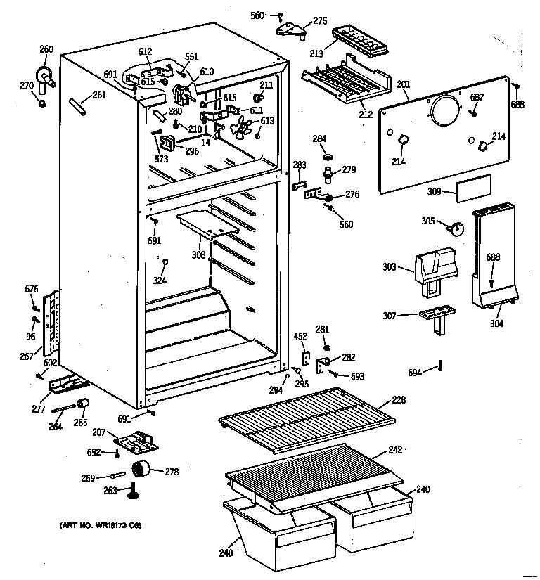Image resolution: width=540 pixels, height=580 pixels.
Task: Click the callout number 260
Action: pyautogui.click(x=46, y=49)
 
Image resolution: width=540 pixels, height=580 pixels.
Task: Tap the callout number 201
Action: pyautogui.click(x=403, y=85)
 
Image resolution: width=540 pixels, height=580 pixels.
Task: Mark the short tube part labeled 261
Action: pyautogui.click(x=77, y=106)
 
